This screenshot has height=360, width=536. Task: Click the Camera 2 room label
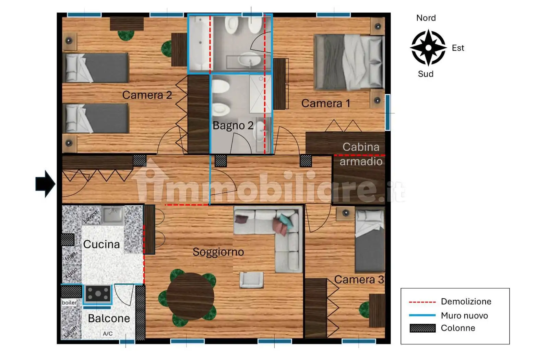tap(147, 95)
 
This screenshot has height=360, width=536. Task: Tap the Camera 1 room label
tap(326, 103)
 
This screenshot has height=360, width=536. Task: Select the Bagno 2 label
tap(233, 125)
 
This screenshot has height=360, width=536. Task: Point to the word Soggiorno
tap(218, 252)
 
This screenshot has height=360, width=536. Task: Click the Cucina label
tap(102, 244)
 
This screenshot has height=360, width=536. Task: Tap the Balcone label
tap(109, 319)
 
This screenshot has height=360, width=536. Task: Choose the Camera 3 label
tap(359, 280)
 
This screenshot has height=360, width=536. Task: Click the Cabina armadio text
tap(361, 154)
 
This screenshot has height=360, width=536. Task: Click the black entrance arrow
tap(45, 184)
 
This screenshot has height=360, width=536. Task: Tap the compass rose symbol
tap(428, 48)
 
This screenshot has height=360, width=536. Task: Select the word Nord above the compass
tap(426, 18)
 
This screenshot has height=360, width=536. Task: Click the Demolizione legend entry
tap(466, 302)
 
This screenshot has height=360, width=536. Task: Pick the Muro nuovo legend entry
tap(464, 316)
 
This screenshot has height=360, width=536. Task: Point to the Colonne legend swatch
tap(422, 328)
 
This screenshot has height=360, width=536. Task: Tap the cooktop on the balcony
tap(98, 293)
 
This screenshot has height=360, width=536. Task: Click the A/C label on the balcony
tap(108, 334)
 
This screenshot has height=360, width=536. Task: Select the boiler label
tap(69, 303)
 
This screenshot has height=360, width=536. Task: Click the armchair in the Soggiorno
tap(251, 279)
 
